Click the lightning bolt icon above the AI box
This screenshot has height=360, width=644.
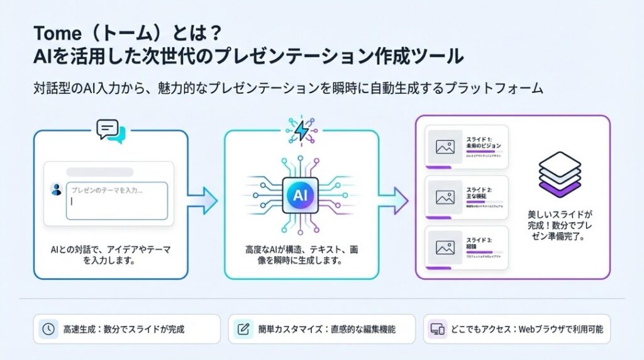click(301, 130)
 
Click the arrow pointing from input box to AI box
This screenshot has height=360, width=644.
click(202, 200)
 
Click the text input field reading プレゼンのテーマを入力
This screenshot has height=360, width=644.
click(116, 200)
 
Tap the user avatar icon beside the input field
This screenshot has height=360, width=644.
click(55, 188)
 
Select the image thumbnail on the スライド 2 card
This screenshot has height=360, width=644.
click(445, 197)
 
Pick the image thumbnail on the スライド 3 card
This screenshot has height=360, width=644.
click(445, 247)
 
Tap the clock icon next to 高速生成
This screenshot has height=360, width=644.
click(48, 329)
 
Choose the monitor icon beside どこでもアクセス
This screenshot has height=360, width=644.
click(437, 329)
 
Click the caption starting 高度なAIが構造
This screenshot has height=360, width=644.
click(301, 254)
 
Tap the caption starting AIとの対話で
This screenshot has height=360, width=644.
click(110, 254)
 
